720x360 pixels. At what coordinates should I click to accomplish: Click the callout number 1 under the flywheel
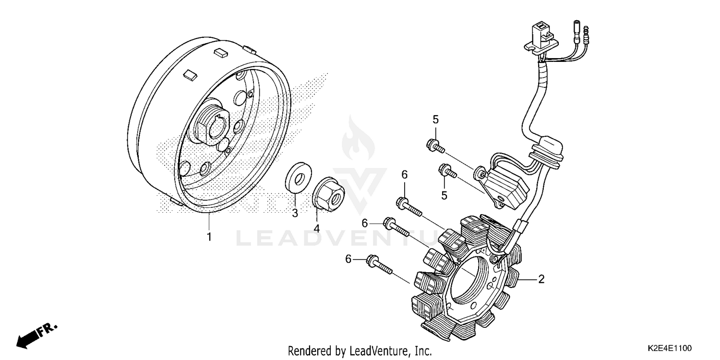[x=209, y=237]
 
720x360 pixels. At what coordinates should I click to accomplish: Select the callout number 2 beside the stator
[x=541, y=279]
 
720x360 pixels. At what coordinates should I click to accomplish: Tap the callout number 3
[x=295, y=213]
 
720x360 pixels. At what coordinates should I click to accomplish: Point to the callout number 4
[x=316, y=228]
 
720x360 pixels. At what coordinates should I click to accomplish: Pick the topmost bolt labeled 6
[x=408, y=206]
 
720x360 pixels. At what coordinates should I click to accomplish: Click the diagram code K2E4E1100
[x=672, y=347]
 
